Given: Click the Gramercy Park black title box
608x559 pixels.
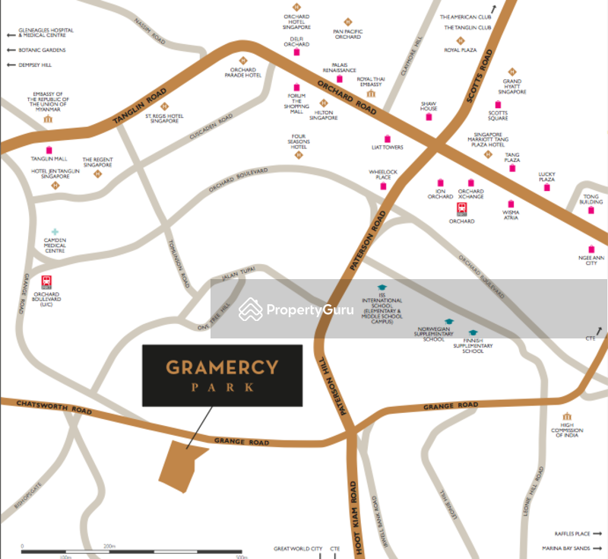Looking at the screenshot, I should (222, 375).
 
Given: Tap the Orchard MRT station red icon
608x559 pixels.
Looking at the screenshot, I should (461, 209).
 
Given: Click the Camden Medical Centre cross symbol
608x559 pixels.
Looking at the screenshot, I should (55, 232).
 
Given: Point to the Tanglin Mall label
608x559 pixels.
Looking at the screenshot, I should (49, 159).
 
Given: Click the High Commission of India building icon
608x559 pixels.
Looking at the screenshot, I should (567, 417).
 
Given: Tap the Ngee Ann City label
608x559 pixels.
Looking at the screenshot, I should (591, 260).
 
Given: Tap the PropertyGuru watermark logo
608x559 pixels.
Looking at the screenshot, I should (296, 310).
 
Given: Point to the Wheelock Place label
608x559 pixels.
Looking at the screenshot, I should (384, 175).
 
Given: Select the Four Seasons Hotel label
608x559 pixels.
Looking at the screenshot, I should (298, 141).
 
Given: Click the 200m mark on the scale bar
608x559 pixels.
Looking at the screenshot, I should (109, 546).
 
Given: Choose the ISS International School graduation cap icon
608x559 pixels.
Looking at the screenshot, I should (382, 287).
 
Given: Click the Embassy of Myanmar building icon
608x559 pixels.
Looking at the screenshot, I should (49, 119).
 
